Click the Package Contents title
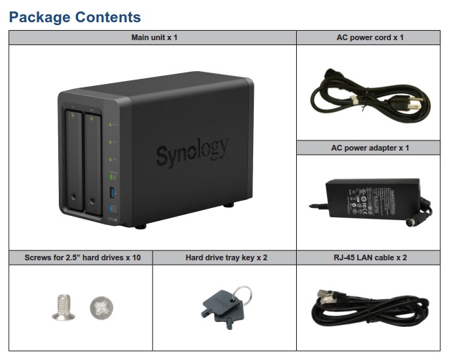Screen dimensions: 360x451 75,16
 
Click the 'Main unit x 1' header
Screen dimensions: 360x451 153,37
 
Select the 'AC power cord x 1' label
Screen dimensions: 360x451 369,37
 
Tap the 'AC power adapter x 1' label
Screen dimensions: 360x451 369,148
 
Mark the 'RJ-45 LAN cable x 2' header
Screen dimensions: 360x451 369,257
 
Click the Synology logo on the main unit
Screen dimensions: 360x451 192,151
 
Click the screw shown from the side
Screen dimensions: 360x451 64,307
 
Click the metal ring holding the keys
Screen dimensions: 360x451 242,295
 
